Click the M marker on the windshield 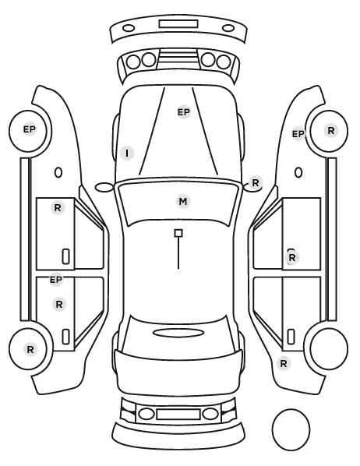pyautogui.click(x=183, y=202)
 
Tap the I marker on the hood pyautogui.click(x=127, y=153)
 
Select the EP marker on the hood pyautogui.click(x=184, y=112)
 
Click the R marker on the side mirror pyautogui.click(x=256, y=183)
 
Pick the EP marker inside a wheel pyautogui.click(x=30, y=129)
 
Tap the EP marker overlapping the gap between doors pyautogui.click(x=56, y=280)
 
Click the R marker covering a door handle pyautogui.click(x=292, y=257)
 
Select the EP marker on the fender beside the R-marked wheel pyautogui.click(x=298, y=134)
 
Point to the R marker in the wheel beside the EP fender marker pyautogui.click(x=331, y=130)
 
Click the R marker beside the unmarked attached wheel pyautogui.click(x=284, y=363)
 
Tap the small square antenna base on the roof pyautogui.click(x=178, y=233)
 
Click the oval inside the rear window pyautogui.click(x=178, y=333)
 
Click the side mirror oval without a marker pyautogui.click(x=104, y=187)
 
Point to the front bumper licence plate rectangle pyautogui.click(x=178, y=24)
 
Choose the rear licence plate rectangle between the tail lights pyautogui.click(x=178, y=414)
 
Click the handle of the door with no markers pyautogui.click(x=291, y=337)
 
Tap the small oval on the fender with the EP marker pyautogui.click(x=298, y=172)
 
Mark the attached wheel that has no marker pyautogui.click(x=329, y=348)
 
